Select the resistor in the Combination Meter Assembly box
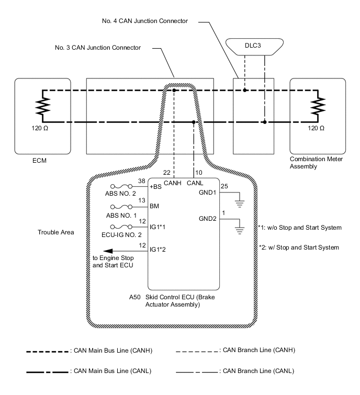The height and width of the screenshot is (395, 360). (x=315, y=107)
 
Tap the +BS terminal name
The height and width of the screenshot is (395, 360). (x=155, y=187)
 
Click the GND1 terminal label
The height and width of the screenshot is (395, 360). (x=207, y=192)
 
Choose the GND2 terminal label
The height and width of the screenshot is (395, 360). (x=207, y=219)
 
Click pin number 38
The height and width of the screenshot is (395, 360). (x=141, y=182)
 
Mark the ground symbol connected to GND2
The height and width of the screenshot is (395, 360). (x=241, y=229)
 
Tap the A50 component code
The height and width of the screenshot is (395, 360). (x=134, y=297)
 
